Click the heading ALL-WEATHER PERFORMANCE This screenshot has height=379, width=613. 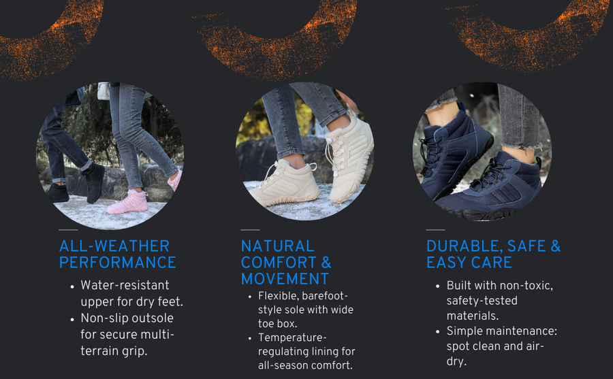(118, 254)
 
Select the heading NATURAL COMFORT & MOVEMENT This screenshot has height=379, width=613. (286, 263)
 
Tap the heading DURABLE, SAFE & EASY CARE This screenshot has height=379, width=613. (493, 254)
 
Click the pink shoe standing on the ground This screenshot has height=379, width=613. (128, 201)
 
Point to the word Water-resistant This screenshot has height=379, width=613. (125, 285)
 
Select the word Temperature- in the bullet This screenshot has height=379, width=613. (292, 337)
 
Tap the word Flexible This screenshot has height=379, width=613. (279, 296)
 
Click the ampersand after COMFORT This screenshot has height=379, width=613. (326, 263)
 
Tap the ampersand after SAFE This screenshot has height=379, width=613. (556, 246)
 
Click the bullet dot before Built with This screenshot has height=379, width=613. (437, 286)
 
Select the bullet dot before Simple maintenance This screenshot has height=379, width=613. (437, 332)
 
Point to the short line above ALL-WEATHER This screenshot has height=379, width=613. (68, 230)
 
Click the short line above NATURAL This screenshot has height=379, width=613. (250, 230)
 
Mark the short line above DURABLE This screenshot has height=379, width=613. (435, 230)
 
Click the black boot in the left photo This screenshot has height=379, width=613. (94, 183)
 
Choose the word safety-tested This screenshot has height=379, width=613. (482, 301)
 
